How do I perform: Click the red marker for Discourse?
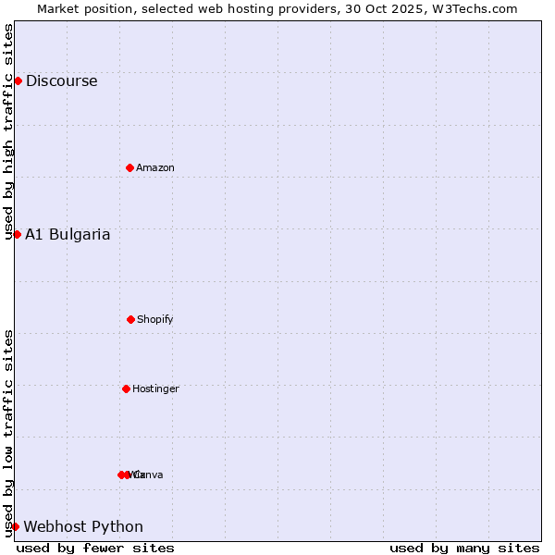18,80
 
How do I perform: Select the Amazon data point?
129,167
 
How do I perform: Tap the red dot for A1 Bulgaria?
17,234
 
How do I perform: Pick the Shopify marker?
130,319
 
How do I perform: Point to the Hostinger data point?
126,388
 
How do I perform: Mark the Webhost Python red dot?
15,526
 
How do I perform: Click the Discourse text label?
61,80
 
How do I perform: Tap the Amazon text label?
155,167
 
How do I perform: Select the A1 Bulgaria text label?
68,234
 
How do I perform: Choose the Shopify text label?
155,319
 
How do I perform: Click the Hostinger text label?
155,388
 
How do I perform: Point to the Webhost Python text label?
83,526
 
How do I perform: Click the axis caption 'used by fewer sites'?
95,548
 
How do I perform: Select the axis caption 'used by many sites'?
464,548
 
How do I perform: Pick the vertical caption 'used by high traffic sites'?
8,131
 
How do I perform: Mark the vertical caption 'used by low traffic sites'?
8,432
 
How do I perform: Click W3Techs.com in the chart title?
472,8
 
